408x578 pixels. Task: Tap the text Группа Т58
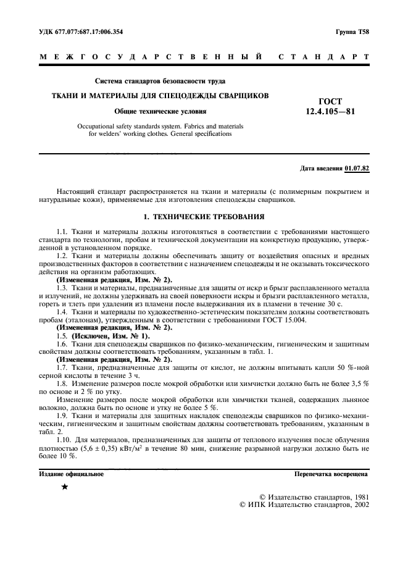pos(352,31)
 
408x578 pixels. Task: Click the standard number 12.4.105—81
pos(330,112)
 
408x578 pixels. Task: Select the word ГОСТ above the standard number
pos(330,101)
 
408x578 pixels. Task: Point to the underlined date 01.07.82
pos(357,168)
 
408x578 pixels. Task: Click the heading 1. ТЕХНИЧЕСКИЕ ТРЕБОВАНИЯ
pos(204,217)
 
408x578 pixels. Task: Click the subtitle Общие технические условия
pos(160,111)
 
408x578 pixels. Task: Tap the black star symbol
pos(65,487)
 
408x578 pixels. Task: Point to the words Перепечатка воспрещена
pos(331,474)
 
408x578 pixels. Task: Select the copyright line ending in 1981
pos(314,496)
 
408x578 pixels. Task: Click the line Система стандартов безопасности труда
pos(160,81)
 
